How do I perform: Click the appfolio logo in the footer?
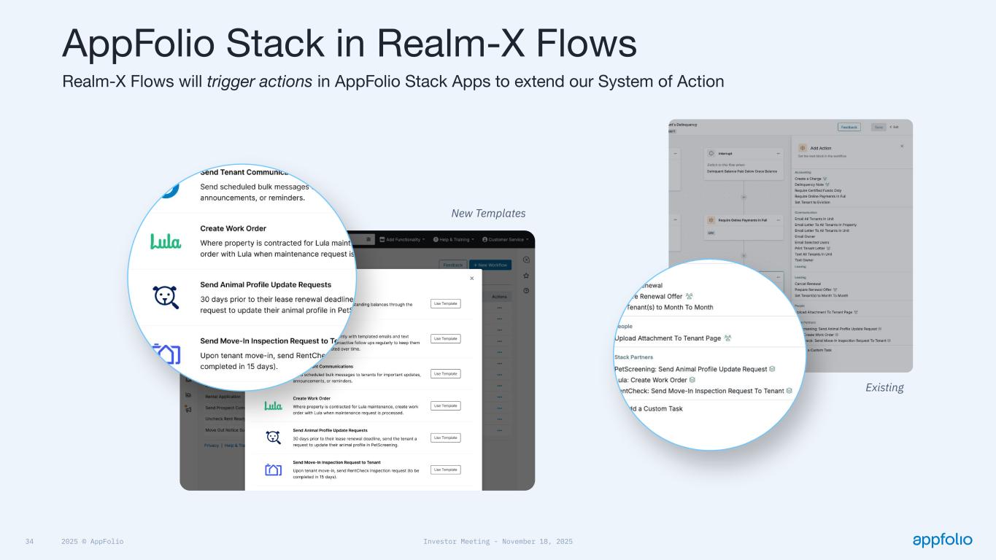coord(942,540)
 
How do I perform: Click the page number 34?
coord(30,542)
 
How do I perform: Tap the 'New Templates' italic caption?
coord(488,214)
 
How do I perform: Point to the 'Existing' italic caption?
coord(884,388)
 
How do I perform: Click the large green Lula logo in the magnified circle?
coord(166,241)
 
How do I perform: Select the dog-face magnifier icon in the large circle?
coord(166,297)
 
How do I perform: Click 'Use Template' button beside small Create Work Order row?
coord(445,405)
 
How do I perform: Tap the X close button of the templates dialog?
coord(471,279)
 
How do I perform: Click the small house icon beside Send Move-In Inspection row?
coord(273,470)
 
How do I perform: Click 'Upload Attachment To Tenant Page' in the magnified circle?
coord(668,338)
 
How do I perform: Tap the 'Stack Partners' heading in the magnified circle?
coord(635,357)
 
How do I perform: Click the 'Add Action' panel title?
coord(820,148)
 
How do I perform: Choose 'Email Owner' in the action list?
coord(805,236)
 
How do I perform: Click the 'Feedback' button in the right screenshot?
coord(849,127)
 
